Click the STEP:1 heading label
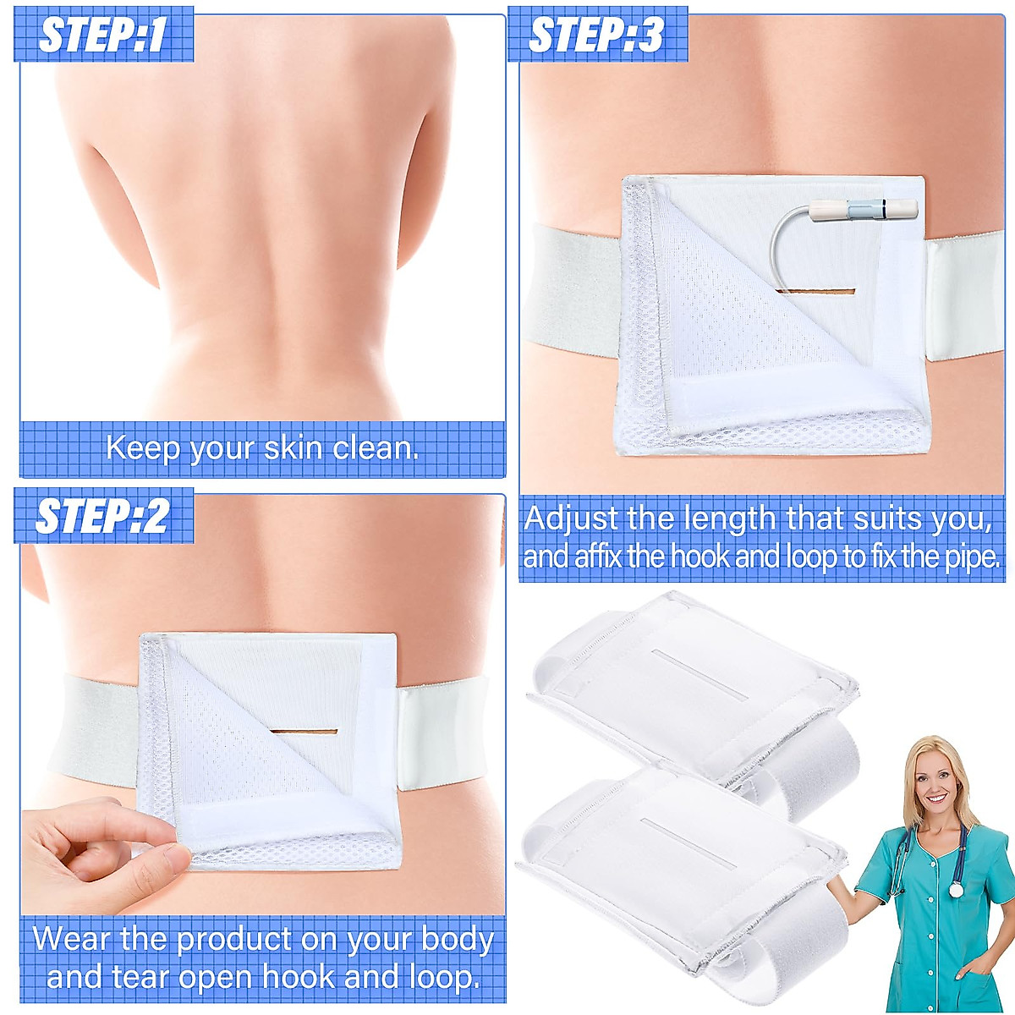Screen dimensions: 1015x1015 [103, 36]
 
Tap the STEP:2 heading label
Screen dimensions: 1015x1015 [103, 517]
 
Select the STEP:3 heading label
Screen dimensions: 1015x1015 [597, 36]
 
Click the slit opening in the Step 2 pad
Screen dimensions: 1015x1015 [304, 732]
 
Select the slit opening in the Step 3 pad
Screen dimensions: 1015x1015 [815, 294]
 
